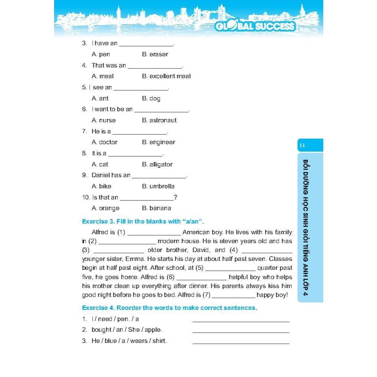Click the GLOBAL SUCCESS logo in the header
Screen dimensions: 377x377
(x=255, y=26)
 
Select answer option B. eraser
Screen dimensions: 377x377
(x=155, y=54)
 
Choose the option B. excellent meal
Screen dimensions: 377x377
(x=166, y=76)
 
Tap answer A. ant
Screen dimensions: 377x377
(x=100, y=99)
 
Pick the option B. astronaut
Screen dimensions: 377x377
(x=159, y=120)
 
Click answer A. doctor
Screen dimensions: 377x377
(x=105, y=142)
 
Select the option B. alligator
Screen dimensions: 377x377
(x=157, y=165)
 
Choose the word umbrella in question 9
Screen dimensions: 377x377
(x=162, y=186)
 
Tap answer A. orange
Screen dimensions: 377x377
(x=106, y=208)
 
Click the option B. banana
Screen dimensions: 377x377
(x=156, y=208)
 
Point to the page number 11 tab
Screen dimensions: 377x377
(x=310, y=145)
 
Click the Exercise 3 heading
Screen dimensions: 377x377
(x=143, y=222)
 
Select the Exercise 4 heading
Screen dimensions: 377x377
(x=169, y=308)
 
